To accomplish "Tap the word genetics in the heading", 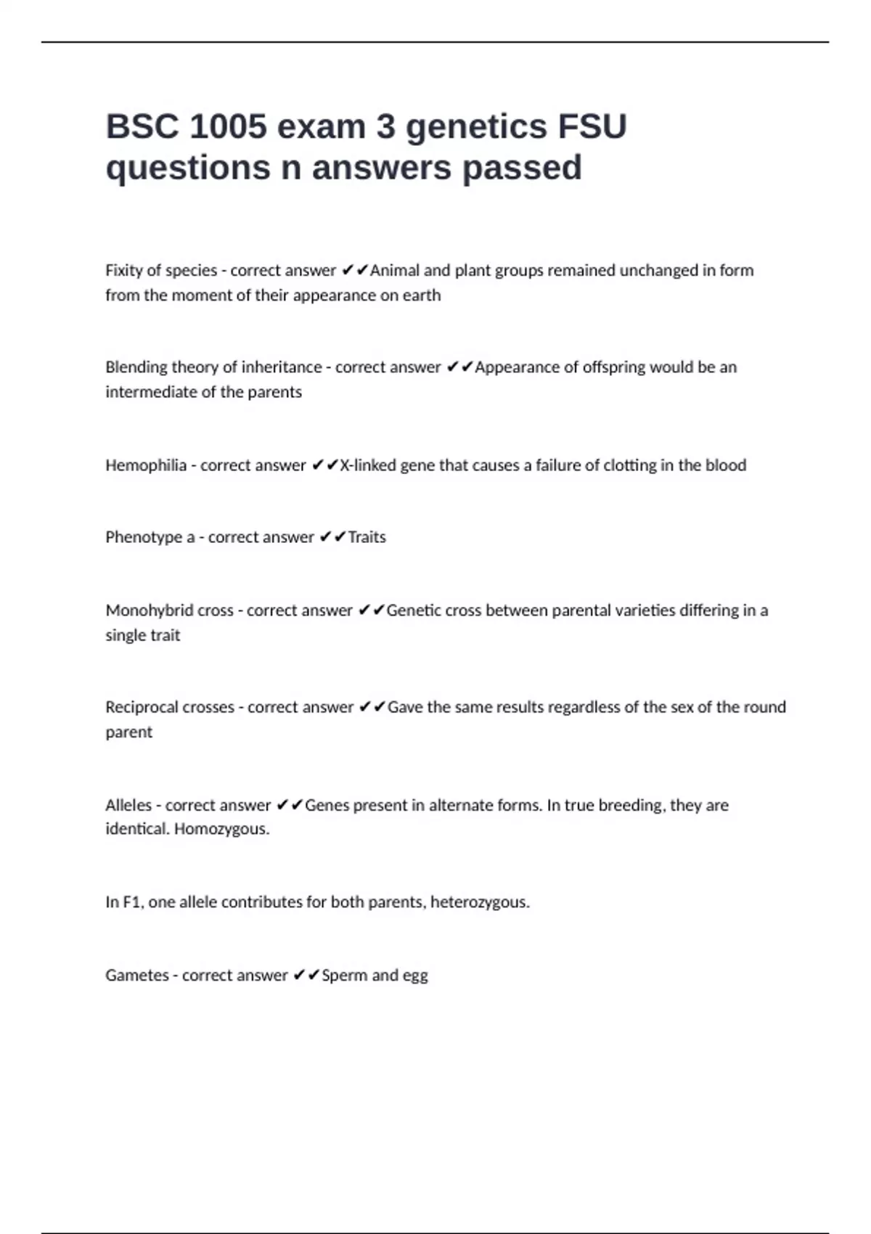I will pyautogui.click(x=475, y=127).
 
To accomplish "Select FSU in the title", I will pyautogui.click(x=592, y=127).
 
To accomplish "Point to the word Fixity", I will pyautogui.click(x=123, y=271).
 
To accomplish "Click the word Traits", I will pyautogui.click(x=367, y=537).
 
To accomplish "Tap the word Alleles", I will pyautogui.click(x=128, y=805).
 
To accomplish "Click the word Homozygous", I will pyautogui.click(x=221, y=829).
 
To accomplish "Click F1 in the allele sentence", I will pyautogui.click(x=131, y=902).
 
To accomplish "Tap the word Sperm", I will pyautogui.click(x=344, y=976).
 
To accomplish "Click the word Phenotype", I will pyautogui.click(x=144, y=537).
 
